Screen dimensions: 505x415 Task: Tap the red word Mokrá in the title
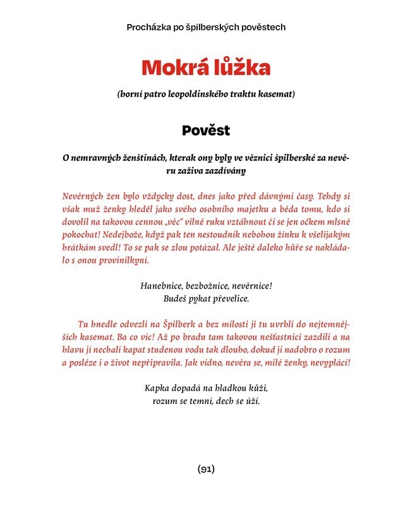[171, 67]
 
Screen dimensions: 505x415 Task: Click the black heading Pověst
[207, 131]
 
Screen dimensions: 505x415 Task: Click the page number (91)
[207, 469]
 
